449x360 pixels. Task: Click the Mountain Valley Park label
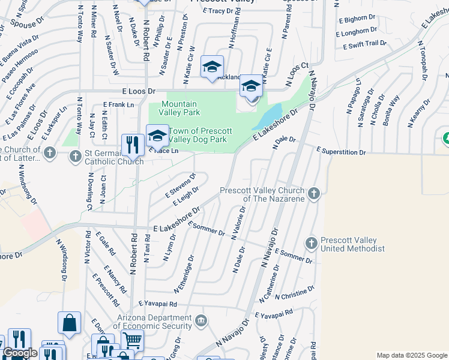click(181, 108)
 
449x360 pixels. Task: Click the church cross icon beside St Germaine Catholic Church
click(75, 157)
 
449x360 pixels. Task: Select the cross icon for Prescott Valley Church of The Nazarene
click(313, 193)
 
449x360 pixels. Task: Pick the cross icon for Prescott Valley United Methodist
click(311, 243)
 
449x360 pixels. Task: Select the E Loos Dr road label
click(138, 91)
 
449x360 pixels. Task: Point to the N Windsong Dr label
click(61, 260)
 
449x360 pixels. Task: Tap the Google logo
click(20, 353)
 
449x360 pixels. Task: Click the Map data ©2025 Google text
click(411, 355)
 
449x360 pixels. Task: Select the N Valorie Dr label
click(239, 223)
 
